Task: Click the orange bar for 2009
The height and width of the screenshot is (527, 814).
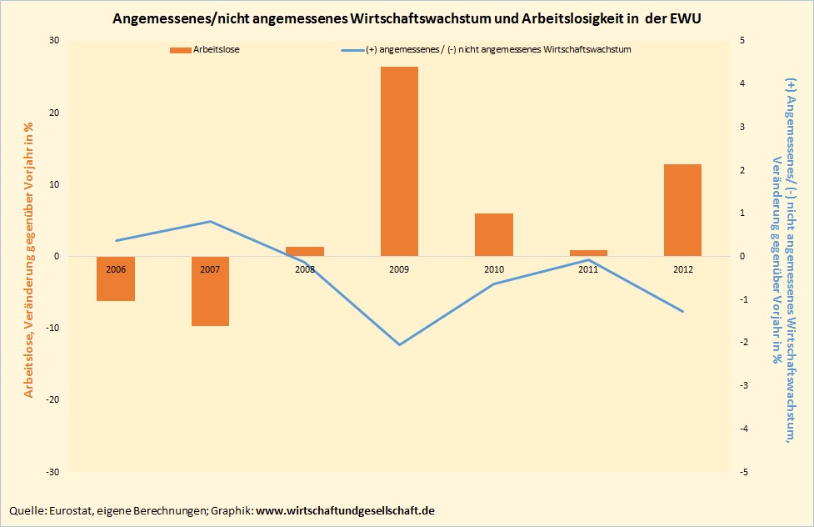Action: coord(399,161)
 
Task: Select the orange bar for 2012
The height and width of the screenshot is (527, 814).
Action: coord(682,210)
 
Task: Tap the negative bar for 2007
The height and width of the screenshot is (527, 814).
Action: coord(210,291)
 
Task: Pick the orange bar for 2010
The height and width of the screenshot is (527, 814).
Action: coord(494,234)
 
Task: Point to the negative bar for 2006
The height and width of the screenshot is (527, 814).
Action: coord(116,279)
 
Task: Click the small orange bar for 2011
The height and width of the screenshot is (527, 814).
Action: coord(588,253)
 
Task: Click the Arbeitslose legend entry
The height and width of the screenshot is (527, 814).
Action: coord(217,50)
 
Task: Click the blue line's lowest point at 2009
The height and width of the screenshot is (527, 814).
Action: coord(399,344)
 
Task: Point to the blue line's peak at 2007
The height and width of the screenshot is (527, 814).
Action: coord(210,221)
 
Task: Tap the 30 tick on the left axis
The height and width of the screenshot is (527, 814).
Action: coord(54,41)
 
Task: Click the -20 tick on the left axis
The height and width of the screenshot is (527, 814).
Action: coord(52,399)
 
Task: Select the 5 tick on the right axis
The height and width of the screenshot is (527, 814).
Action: coord(742,41)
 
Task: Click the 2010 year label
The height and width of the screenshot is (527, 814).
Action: coord(494,270)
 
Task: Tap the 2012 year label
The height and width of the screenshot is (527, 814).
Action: coord(682,270)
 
